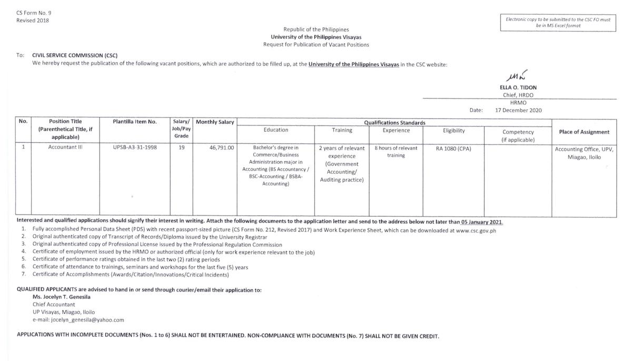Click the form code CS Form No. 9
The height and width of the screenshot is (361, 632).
(34, 13)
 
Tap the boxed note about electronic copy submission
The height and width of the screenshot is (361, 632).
(558, 22)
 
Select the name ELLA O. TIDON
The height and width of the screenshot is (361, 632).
(519, 87)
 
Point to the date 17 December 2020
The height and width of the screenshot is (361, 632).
(518, 110)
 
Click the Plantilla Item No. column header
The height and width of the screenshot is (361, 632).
(134, 122)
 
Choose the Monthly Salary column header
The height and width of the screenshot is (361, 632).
(215, 122)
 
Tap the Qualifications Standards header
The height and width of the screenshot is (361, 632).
(394, 123)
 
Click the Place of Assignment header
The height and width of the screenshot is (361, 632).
(584, 132)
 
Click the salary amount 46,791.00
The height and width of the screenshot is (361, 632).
(221, 148)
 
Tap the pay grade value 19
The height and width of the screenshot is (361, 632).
(182, 148)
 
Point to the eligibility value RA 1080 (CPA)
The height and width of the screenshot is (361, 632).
(453, 148)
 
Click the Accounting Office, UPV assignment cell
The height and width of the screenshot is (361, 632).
(584, 153)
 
